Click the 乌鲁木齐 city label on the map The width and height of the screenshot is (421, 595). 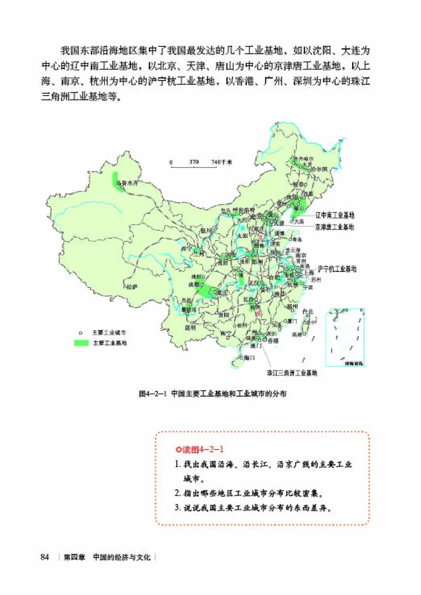point(126,183)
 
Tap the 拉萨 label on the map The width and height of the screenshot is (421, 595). point(131,287)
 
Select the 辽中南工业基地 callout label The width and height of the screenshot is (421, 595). point(335,215)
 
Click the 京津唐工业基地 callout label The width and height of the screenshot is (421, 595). point(335,227)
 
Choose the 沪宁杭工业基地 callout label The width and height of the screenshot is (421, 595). point(337,268)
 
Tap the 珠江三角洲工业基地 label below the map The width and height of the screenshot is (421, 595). point(292,373)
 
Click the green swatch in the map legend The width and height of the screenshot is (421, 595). point(81,342)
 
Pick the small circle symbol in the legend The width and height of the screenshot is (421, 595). point(81,332)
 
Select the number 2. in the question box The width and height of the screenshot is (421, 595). point(177,493)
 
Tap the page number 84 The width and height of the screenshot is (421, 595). point(45,557)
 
